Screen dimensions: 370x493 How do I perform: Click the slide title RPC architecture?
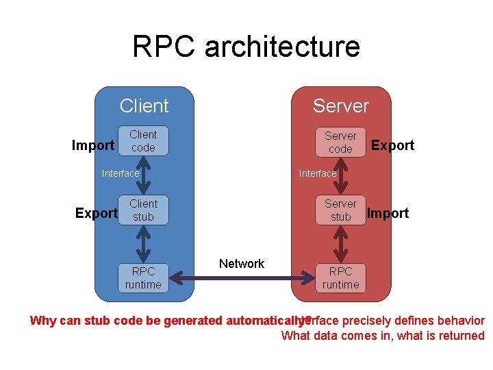pos(246,47)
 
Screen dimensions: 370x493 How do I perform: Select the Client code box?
pos(143,141)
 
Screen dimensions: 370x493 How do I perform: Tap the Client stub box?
pos(143,210)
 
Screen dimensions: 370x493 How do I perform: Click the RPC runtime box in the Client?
pos(143,277)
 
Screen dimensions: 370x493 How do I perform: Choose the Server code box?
pos(340,143)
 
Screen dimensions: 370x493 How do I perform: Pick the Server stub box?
pos(340,210)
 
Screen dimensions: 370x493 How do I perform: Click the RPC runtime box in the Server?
pos(340,278)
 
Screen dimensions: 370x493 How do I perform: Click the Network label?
pos(242,264)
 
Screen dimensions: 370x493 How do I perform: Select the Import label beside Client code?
pos(93,145)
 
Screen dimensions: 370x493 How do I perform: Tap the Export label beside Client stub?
pos(96,213)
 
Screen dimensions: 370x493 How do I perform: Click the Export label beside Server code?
pos(392,145)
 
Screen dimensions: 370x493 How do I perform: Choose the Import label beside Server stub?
pos(388,213)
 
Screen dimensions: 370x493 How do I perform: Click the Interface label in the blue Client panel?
pos(121,173)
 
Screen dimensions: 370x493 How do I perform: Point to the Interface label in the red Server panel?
pos(318,173)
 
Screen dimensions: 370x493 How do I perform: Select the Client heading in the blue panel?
pos(144,106)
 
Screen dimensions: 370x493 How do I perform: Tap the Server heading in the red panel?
pos(340,106)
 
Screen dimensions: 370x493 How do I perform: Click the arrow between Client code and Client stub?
pos(143,176)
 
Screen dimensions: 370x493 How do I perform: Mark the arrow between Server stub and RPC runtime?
pos(340,244)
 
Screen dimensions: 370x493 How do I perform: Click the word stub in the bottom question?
pos(98,321)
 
